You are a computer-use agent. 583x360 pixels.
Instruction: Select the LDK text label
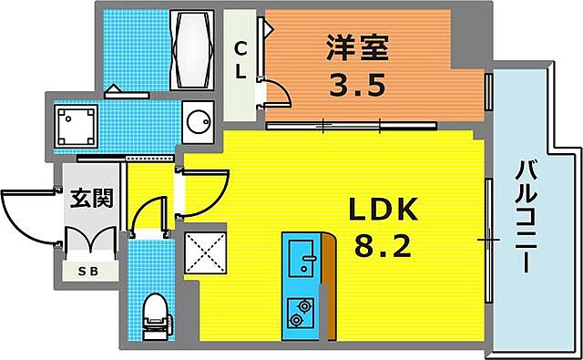click(383, 211)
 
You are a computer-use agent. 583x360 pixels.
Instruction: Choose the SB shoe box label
click(88, 271)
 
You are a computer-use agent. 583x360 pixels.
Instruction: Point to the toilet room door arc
click(146, 216)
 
